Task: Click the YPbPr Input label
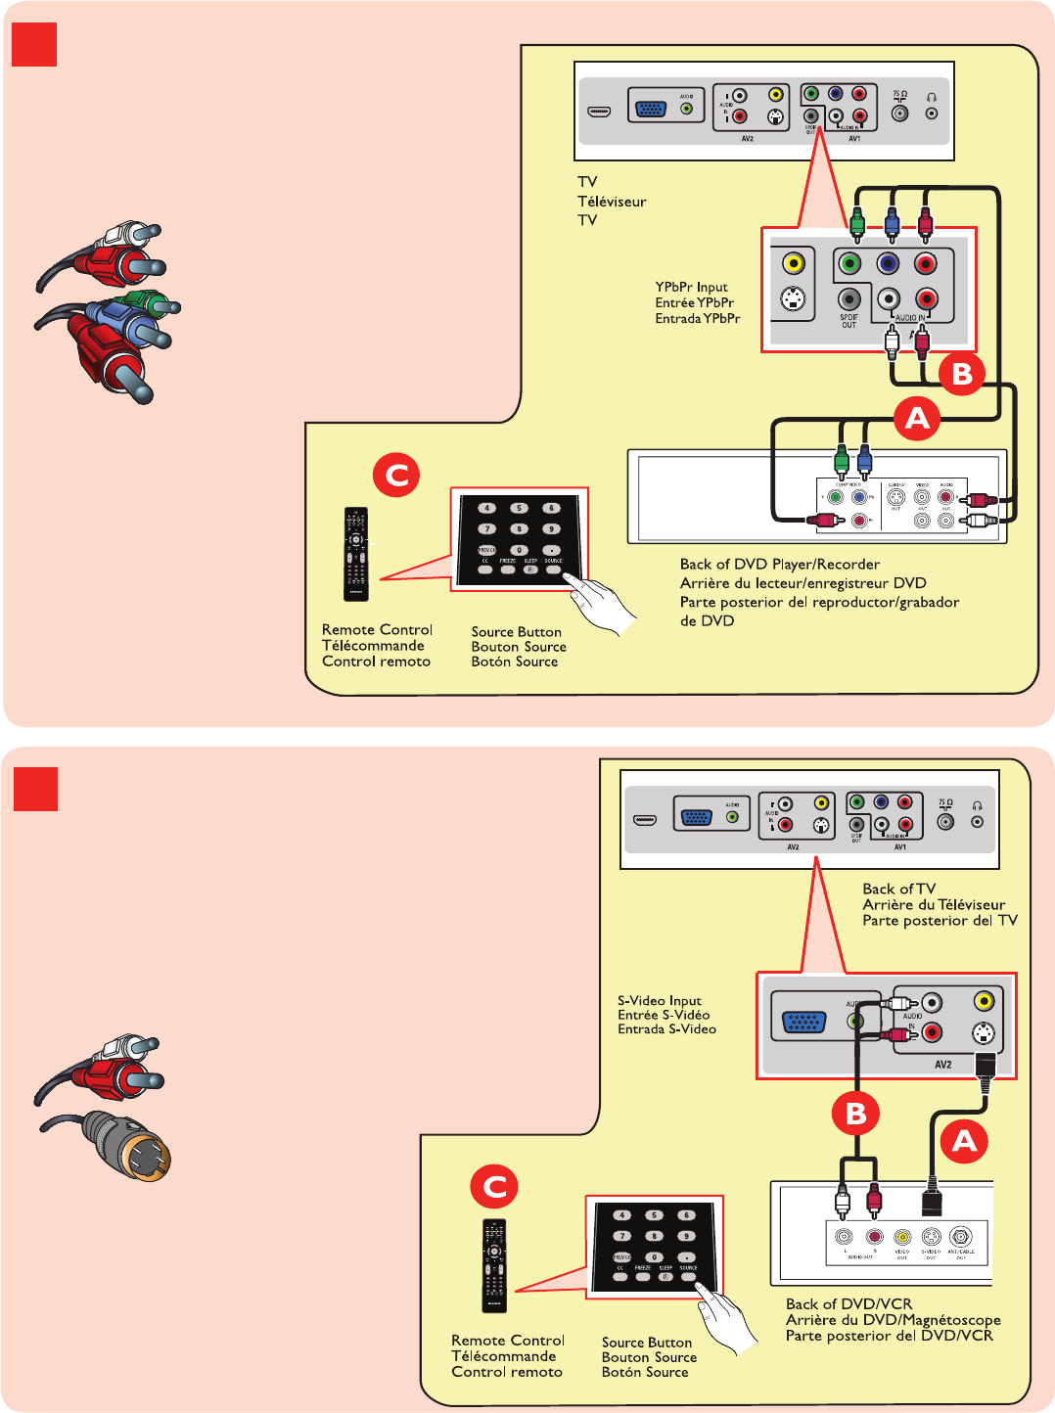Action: click(691, 287)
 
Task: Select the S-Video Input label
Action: click(659, 1000)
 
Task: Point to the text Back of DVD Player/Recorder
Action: click(779, 564)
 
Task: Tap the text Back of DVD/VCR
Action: click(849, 1303)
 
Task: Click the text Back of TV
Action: click(898, 889)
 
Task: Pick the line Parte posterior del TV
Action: click(940, 920)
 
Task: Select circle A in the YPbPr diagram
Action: click(916, 418)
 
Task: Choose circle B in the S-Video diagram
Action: click(855, 1114)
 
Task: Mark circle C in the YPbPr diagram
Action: click(396, 476)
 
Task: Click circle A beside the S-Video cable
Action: click(964, 1141)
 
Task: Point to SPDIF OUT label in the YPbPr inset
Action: click(849, 321)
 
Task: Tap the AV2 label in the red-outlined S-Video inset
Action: click(942, 1065)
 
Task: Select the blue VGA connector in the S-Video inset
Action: click(803, 1023)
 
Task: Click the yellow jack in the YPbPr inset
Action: click(793, 263)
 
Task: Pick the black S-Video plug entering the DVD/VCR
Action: click(932, 1198)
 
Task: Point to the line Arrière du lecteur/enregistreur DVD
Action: click(803, 583)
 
